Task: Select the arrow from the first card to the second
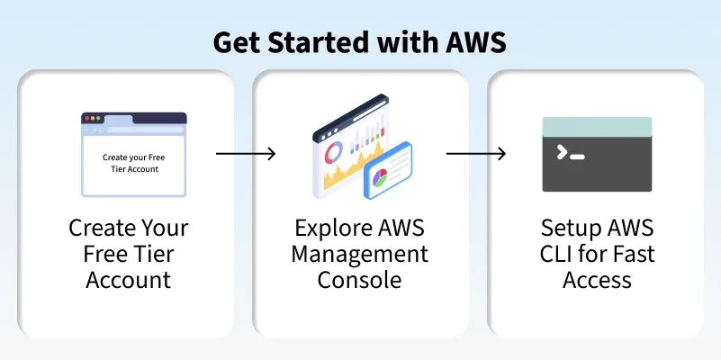point(246,154)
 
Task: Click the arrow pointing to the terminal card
point(476,154)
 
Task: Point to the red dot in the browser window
point(86,118)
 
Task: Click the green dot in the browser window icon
point(99,118)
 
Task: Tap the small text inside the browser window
point(133,163)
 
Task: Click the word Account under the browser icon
point(129,279)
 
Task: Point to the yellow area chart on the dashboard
point(335,176)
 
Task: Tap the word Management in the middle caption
point(361,253)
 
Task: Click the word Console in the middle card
point(361,279)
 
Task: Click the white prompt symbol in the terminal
point(563,152)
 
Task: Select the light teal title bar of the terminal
point(597,126)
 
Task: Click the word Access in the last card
point(597,279)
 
